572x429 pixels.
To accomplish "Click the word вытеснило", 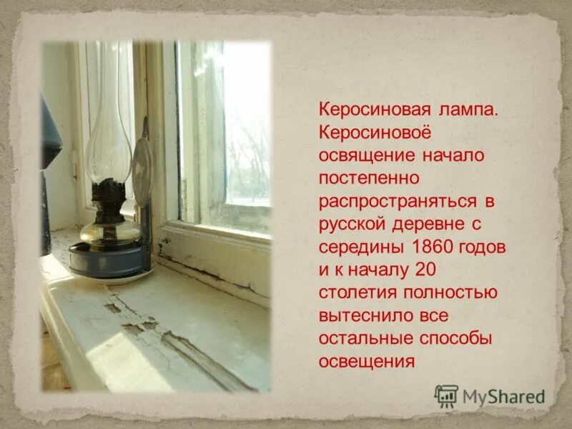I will click(x=362, y=315).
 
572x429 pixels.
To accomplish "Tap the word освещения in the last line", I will click(x=366, y=360).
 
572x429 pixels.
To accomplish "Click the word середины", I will click(x=362, y=246).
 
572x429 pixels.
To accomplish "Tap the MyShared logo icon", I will click(x=445, y=395).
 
